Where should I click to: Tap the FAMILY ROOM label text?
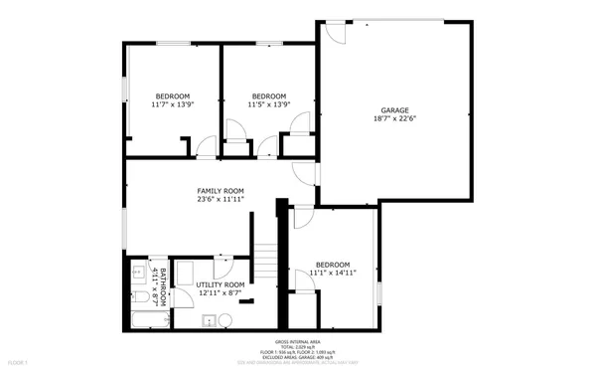point(220,191)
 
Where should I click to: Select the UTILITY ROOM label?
point(220,284)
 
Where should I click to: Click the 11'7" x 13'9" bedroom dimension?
point(171,104)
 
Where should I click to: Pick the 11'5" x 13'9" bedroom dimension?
point(268,104)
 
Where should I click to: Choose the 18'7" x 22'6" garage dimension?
point(395,119)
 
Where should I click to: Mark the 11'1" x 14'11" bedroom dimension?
point(333,272)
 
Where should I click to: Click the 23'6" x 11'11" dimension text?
point(220,200)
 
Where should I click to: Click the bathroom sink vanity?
point(139,272)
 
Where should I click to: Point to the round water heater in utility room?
point(225,320)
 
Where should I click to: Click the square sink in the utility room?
point(209,320)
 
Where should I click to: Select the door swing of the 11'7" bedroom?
point(206,147)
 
